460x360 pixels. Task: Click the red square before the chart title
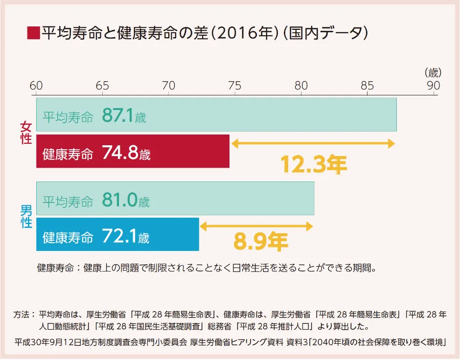33,33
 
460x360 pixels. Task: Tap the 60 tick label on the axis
36,86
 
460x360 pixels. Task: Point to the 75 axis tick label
234,86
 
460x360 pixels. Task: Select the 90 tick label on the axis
433,86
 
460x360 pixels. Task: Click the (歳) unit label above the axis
433,73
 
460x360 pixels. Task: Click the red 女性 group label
26,133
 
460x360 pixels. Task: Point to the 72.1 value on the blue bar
119,237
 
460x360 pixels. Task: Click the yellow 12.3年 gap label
313,165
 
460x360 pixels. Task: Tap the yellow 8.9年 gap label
260,241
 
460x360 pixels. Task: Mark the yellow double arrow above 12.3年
313,144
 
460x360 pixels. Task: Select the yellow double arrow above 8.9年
256,226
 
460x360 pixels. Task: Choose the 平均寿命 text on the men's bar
68,201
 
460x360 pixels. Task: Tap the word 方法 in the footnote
23,314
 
